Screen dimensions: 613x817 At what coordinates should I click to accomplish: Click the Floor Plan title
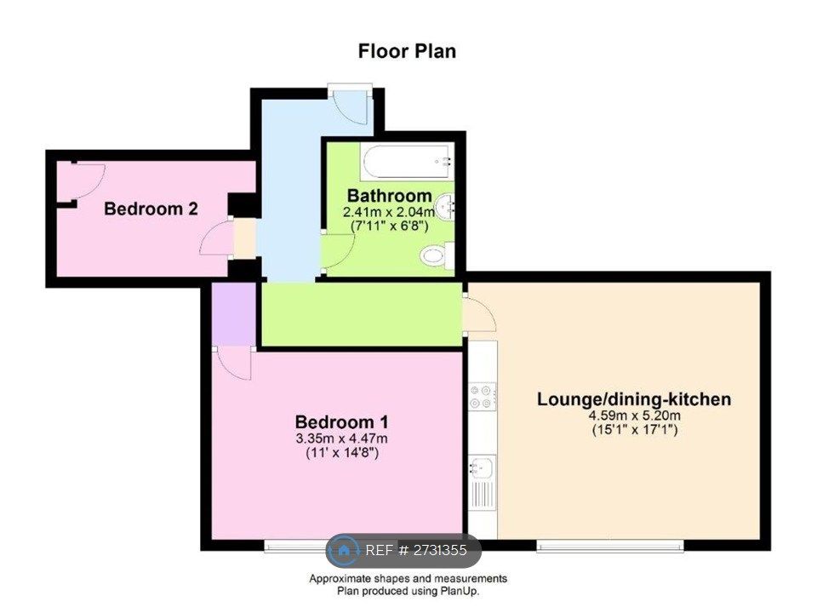407,51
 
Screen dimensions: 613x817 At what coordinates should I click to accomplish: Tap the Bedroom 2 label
151,209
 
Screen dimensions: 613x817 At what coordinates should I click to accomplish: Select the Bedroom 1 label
341,421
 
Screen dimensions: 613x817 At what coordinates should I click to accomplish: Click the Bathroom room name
389,195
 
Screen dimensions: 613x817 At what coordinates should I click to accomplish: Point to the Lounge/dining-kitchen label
634,399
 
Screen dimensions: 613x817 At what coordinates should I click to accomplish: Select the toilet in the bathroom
437,253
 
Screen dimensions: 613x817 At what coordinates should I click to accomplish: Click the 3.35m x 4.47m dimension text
341,438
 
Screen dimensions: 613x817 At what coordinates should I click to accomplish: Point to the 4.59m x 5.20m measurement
634,415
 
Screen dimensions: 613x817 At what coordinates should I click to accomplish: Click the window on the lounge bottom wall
609,545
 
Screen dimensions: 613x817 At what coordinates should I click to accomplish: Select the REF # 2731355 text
416,551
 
